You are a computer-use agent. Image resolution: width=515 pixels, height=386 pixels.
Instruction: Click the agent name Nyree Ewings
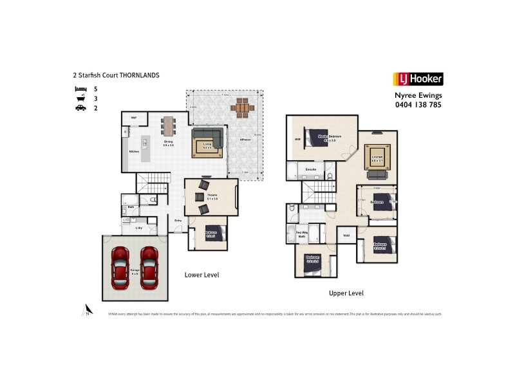(x=418, y=95)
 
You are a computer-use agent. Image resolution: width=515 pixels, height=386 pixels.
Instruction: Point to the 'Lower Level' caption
(x=202, y=275)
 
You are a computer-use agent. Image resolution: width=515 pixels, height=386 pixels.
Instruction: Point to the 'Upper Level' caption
(x=346, y=293)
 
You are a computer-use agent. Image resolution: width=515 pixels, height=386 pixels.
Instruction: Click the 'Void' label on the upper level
(x=346, y=235)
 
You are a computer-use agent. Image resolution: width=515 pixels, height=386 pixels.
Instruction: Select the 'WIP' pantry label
(x=134, y=118)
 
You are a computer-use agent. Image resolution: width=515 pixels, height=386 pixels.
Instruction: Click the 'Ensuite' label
(x=311, y=169)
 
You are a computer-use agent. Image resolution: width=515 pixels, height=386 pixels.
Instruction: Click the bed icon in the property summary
(x=80, y=88)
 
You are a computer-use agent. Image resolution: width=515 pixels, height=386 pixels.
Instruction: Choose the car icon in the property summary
(x=80, y=109)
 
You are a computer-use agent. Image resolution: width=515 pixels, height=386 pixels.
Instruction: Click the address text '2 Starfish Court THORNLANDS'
(x=116, y=75)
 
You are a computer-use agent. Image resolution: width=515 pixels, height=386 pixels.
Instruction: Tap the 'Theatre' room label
(x=212, y=196)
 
